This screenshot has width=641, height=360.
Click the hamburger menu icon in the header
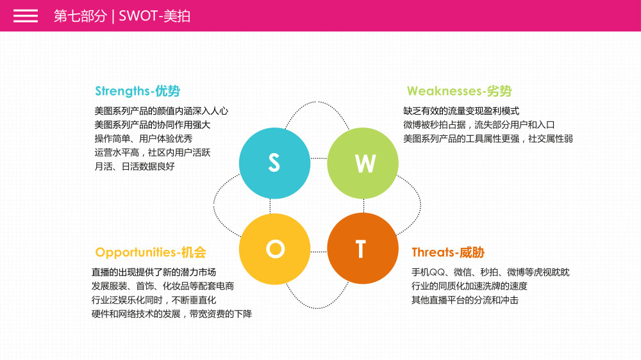coord(26,16)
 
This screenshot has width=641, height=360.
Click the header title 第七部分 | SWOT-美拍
coord(122,16)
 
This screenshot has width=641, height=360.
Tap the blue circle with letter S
coord(274,163)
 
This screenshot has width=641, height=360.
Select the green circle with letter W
coord(363,163)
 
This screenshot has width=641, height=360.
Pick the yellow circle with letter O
coord(274,249)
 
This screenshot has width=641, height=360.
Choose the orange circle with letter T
coord(363,249)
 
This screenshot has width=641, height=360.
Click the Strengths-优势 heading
coord(137,91)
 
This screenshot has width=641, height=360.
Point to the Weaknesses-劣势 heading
coord(459,91)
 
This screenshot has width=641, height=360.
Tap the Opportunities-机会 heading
coord(151,252)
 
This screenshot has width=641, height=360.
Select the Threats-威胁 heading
coord(448,252)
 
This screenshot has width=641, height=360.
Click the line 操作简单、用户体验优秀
coord(144,138)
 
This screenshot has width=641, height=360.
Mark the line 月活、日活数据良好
coord(135,167)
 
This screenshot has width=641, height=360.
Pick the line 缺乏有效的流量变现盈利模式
coord(461,111)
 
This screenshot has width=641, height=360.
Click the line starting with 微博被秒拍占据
coord(479,125)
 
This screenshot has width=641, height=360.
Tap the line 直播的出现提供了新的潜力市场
coord(154,272)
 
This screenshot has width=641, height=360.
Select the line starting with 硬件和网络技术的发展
coord(172,314)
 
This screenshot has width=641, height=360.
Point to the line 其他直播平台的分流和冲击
coord(465,300)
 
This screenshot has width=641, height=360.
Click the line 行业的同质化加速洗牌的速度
coord(469,286)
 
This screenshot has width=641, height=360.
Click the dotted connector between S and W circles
coord(319,158)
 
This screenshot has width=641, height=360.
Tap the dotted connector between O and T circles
coord(319,252)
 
